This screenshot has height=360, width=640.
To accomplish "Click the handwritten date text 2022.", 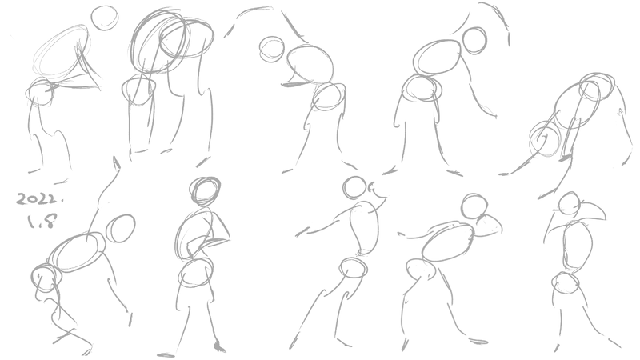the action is (40, 199).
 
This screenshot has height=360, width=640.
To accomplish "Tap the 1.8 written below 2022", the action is (42, 222).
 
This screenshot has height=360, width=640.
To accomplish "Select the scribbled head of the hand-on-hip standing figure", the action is (206, 191).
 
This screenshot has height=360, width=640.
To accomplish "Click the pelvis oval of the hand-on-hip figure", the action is (196, 273).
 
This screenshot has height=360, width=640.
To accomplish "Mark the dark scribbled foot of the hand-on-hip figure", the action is (219, 347).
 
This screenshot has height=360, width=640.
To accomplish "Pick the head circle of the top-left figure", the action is (105, 18).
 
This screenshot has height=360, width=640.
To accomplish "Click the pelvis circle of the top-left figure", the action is (40, 91).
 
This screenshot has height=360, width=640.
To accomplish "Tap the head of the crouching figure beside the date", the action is (121, 229).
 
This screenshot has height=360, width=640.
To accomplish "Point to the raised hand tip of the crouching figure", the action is (116, 161).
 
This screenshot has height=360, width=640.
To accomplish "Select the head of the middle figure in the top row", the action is (271, 50).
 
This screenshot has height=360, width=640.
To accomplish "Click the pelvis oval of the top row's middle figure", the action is (329, 96).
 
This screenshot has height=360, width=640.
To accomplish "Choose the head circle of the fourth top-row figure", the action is (474, 40).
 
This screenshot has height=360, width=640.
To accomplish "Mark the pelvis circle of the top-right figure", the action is (545, 138).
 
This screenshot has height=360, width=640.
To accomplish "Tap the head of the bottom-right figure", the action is (570, 204).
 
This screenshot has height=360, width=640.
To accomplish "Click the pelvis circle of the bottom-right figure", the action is (566, 282).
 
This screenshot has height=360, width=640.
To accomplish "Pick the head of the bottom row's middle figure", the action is (354, 187).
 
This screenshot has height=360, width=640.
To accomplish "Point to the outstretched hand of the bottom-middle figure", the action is (302, 233).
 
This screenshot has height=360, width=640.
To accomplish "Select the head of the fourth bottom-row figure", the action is (474, 206).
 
